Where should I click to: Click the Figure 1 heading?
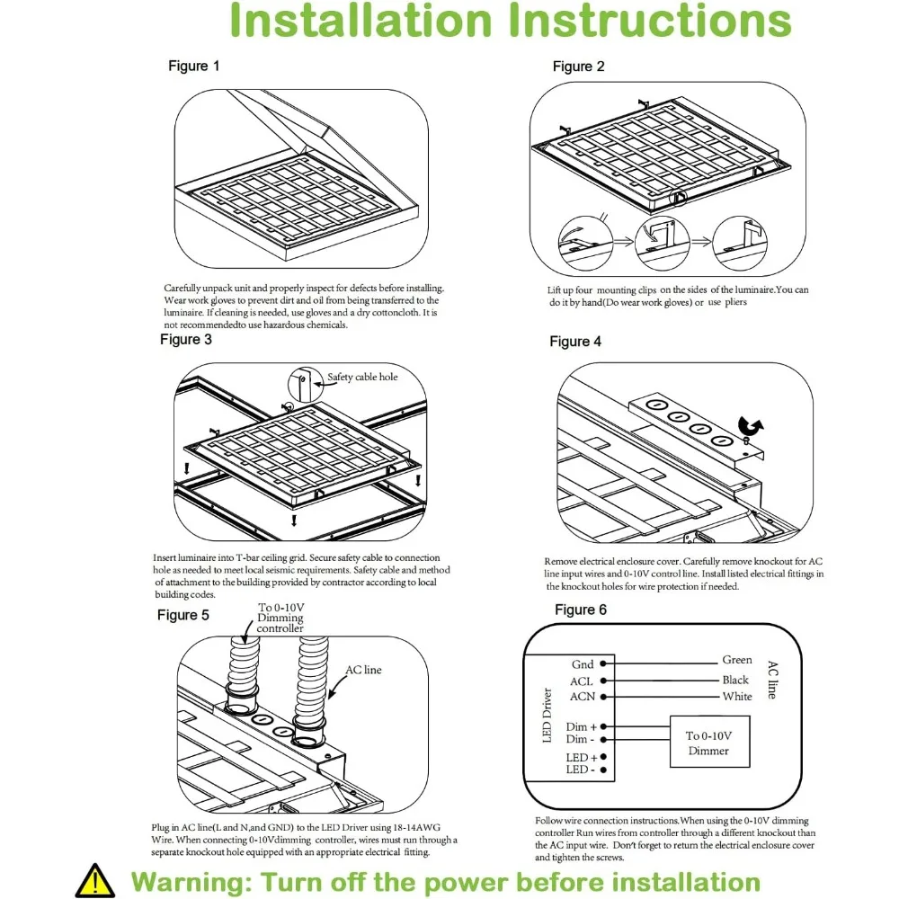pyautogui.click(x=194, y=66)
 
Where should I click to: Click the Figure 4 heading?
pyautogui.click(x=575, y=342)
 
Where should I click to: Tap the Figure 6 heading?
pyautogui.click(x=581, y=610)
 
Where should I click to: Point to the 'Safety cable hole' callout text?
pyautogui.click(x=362, y=377)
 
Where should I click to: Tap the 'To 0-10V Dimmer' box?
pyautogui.click(x=706, y=743)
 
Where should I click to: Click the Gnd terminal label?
pyautogui.click(x=583, y=664)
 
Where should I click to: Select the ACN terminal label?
pyautogui.click(x=582, y=697)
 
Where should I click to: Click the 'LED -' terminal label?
pyautogui.click(x=577, y=770)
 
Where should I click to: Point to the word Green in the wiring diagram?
pyautogui.click(x=737, y=661)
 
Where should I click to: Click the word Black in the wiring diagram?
pyautogui.click(x=735, y=681)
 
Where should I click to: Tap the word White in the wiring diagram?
pyautogui.click(x=737, y=697)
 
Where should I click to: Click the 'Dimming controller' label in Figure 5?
pyautogui.click(x=280, y=623)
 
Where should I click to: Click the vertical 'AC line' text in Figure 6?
pyautogui.click(x=772, y=680)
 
